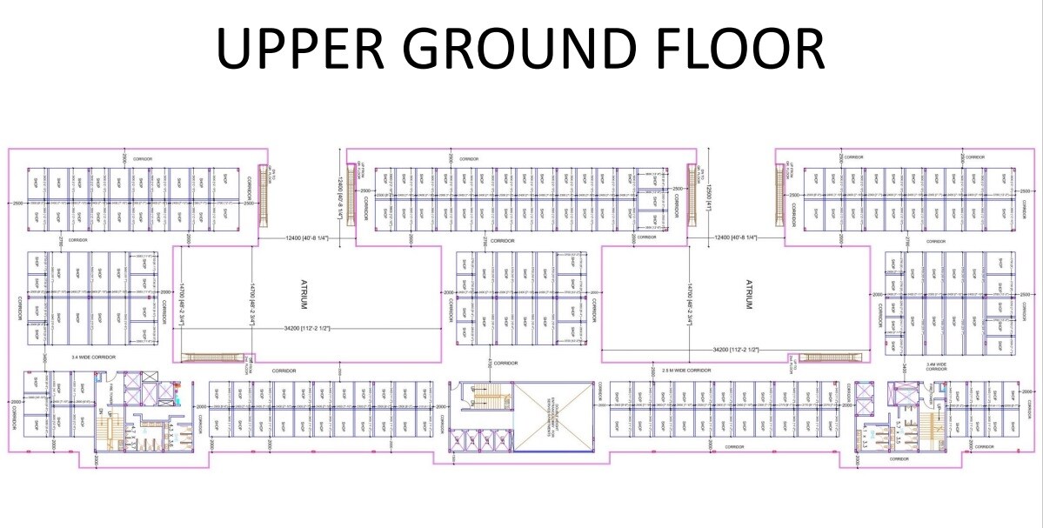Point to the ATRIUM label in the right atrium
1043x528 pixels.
pos(747,295)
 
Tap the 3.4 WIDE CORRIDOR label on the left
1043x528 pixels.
pos(94,358)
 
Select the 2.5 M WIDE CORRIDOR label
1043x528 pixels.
pos(686,371)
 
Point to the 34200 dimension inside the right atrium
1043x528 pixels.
pos(735,349)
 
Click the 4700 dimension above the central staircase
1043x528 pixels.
pos(490,361)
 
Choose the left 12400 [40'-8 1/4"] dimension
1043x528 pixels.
pos(301,237)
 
